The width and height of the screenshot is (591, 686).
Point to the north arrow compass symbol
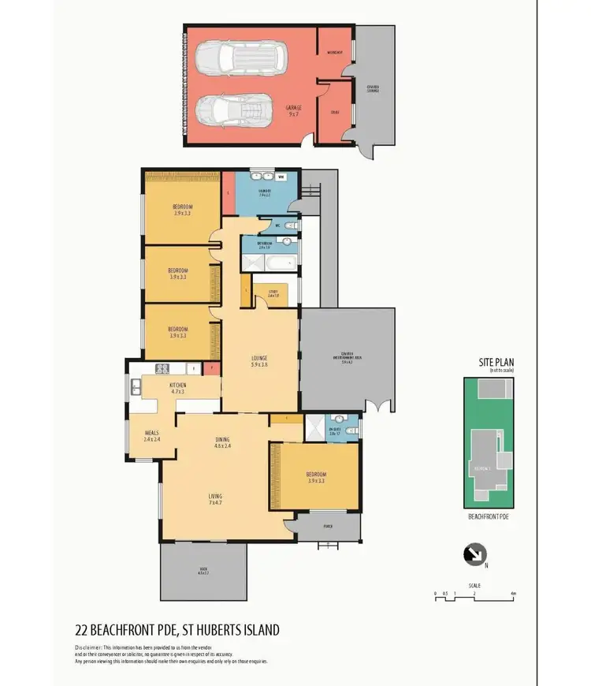tap(474, 555)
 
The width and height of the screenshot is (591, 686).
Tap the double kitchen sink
tap(137, 386)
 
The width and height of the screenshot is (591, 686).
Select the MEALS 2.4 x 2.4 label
tap(152, 435)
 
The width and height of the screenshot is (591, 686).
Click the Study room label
tap(273, 293)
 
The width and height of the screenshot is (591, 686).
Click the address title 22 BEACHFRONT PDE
tap(176, 630)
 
